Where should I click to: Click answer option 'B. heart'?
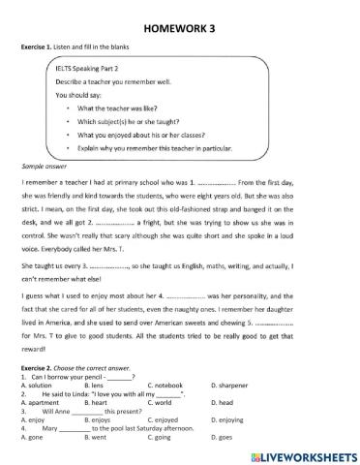click(x=98, y=402)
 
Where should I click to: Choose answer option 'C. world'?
click(x=160, y=402)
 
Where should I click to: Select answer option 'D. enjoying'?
click(x=230, y=419)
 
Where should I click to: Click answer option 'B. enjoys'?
click(x=100, y=419)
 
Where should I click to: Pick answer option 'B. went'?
click(x=97, y=438)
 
